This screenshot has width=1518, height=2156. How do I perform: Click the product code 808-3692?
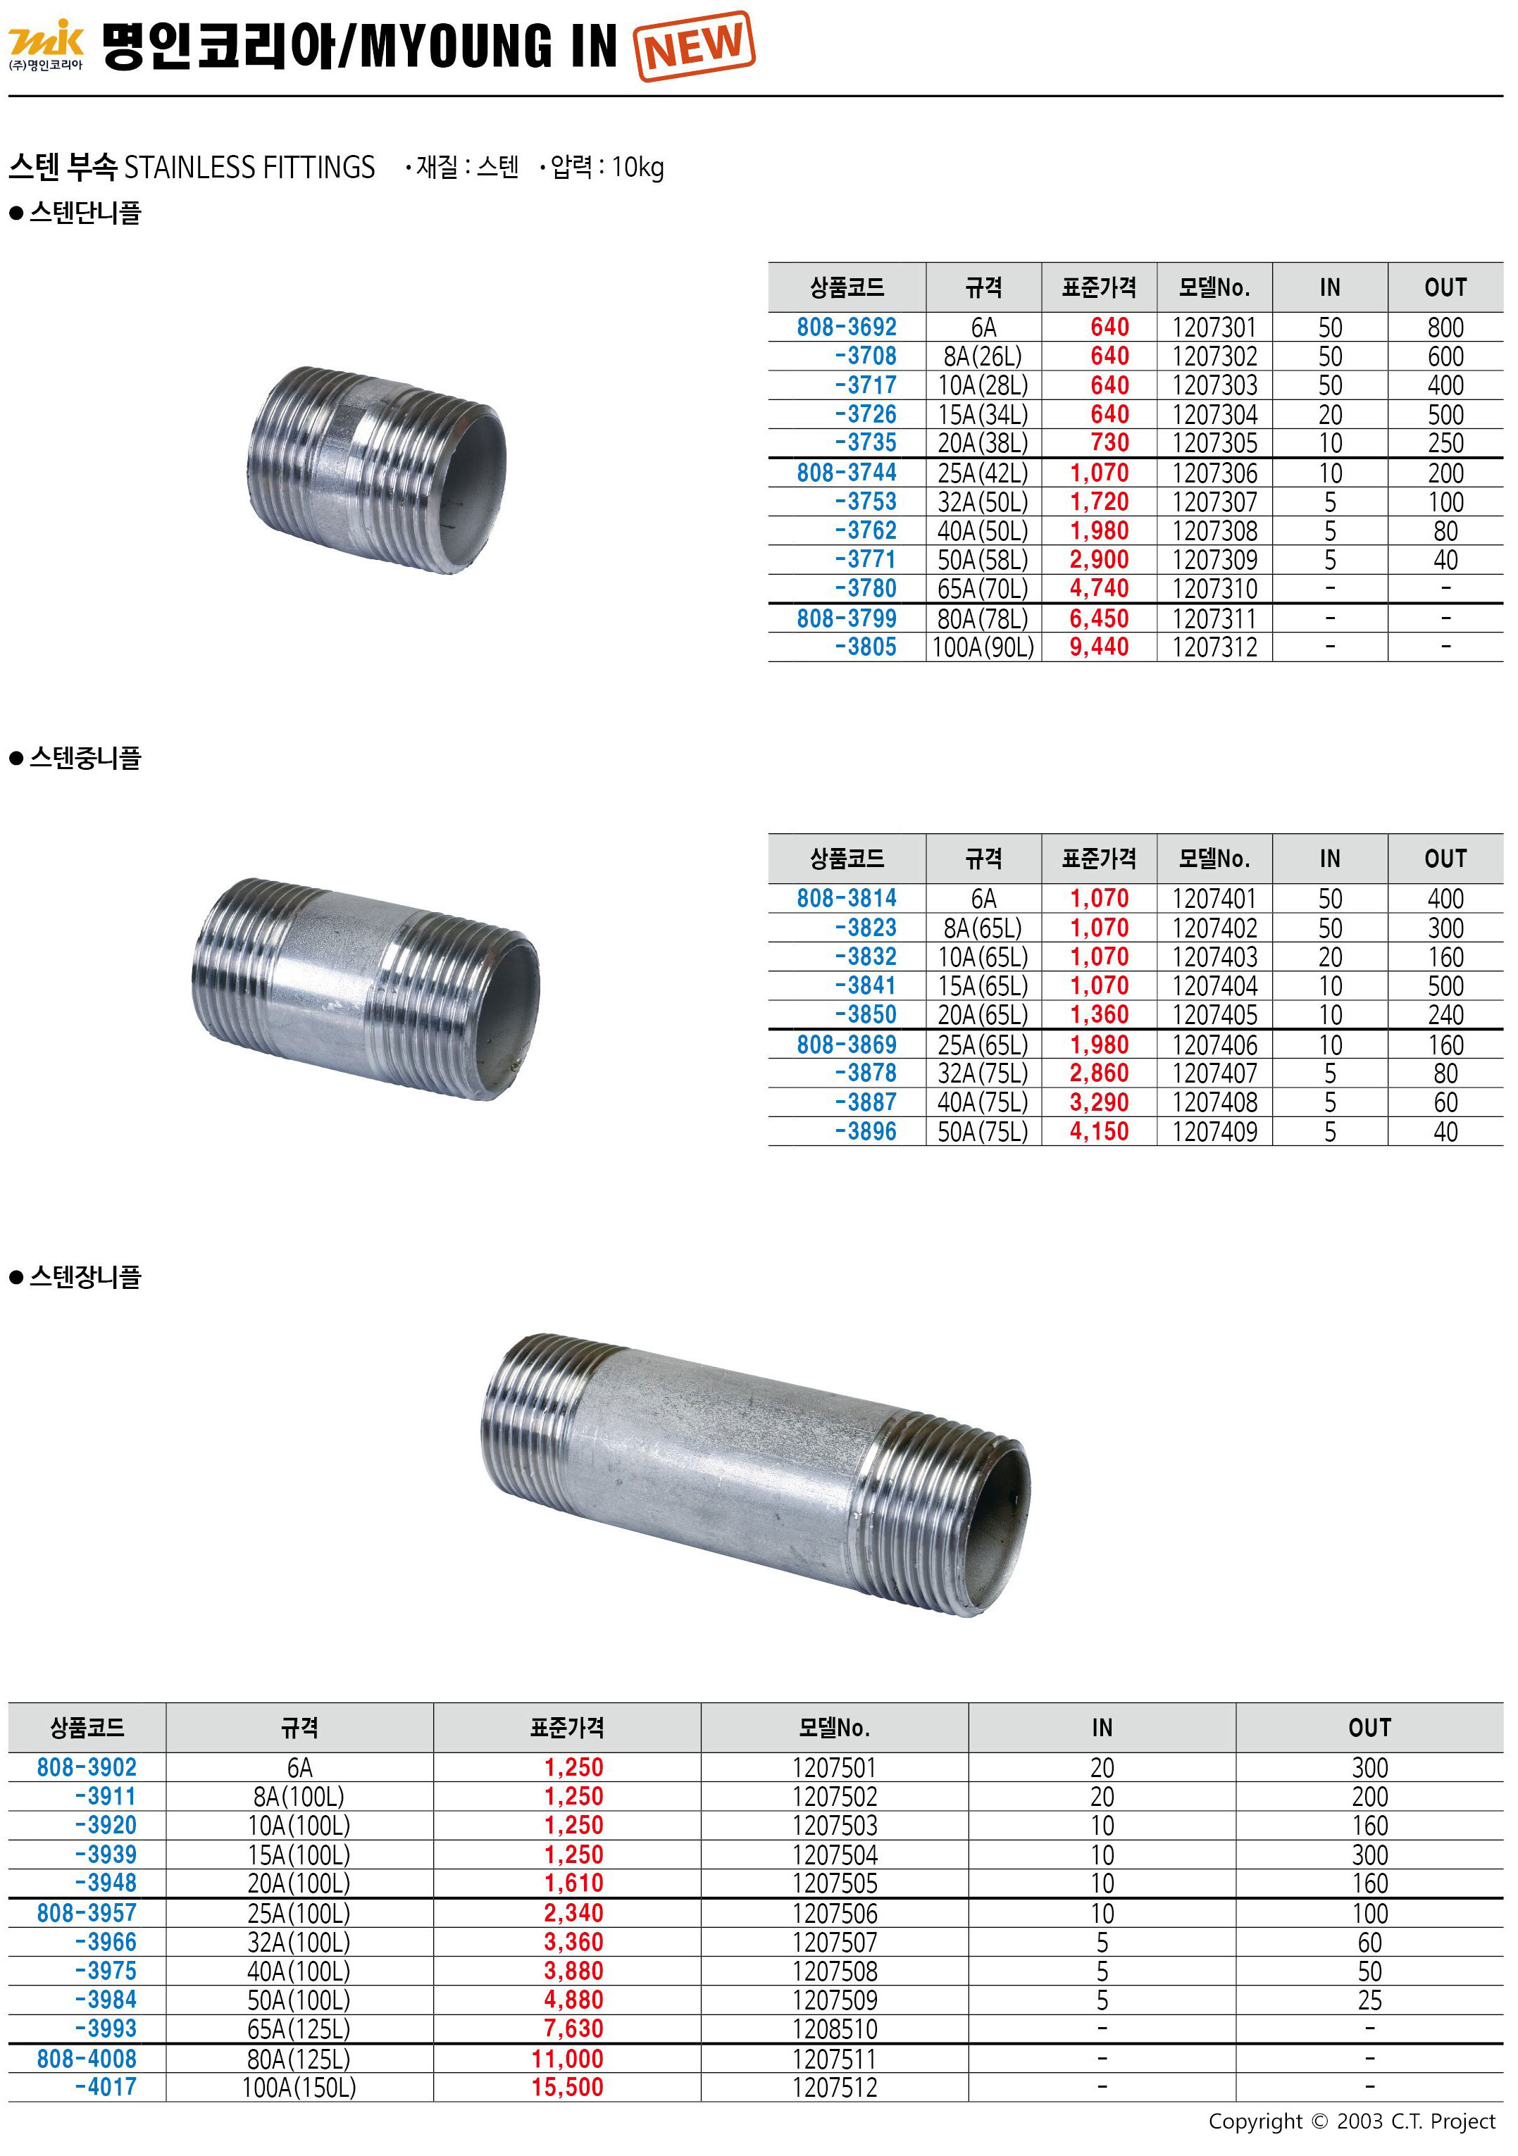coord(847,327)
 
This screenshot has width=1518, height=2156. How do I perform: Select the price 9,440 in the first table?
coord(1099,647)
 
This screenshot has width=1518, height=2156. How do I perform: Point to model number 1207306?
coord(1214,473)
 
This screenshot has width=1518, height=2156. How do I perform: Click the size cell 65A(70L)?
coord(983,589)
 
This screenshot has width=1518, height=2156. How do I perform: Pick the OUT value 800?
coord(1445,328)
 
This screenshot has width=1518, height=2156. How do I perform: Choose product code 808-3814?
coord(847,899)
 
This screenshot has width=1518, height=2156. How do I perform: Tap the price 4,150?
coord(1099,1131)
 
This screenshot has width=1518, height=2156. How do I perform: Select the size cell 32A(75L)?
coord(983,1073)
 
